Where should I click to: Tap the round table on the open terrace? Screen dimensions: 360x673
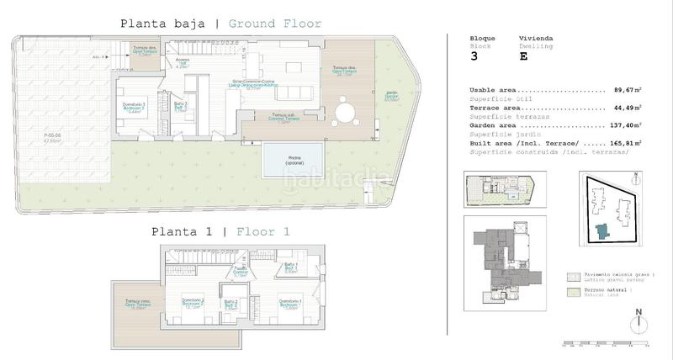pyautogui.click(x=344, y=113)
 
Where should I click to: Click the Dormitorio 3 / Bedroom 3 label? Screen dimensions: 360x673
pyautogui.click(x=133, y=107)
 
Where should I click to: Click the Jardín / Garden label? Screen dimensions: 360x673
pyautogui.click(x=391, y=96)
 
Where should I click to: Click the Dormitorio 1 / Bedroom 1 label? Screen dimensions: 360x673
pyautogui.click(x=290, y=304)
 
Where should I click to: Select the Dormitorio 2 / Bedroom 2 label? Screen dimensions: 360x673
pyautogui.click(x=194, y=304)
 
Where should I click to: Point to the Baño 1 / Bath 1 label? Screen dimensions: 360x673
pyautogui.click(x=291, y=268)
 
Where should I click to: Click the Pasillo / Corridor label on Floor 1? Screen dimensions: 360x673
pyautogui.click(x=240, y=273)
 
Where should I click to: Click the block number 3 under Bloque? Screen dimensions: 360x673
pyautogui.click(x=474, y=57)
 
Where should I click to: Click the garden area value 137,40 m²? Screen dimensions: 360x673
pyautogui.click(x=624, y=125)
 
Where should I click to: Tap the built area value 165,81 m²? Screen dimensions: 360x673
pyautogui.click(x=624, y=143)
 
